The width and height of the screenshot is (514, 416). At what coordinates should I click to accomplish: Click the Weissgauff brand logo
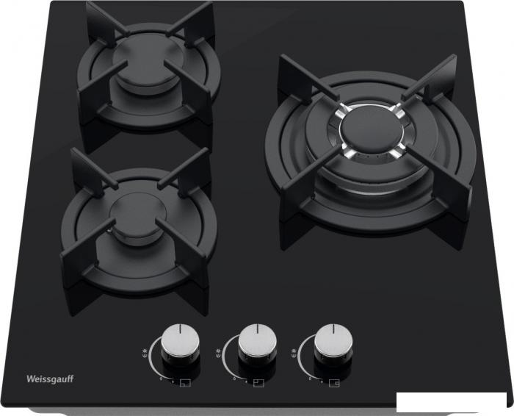pos(50,379)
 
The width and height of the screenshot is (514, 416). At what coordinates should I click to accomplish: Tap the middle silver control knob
pos(257,340)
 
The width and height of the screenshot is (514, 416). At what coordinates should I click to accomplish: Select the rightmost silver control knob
pos(333,340)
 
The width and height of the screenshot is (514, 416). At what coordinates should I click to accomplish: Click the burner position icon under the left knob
pos(185,383)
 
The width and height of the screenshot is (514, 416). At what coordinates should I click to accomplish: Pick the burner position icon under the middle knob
pos(258,383)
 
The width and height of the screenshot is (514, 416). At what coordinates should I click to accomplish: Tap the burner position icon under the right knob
pos(334,383)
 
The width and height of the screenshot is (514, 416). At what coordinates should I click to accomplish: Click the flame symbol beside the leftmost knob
pos(145,351)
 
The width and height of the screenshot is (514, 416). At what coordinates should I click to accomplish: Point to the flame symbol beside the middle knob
pos(217,351)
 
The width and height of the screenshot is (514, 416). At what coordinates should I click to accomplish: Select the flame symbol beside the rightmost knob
pos(293,351)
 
